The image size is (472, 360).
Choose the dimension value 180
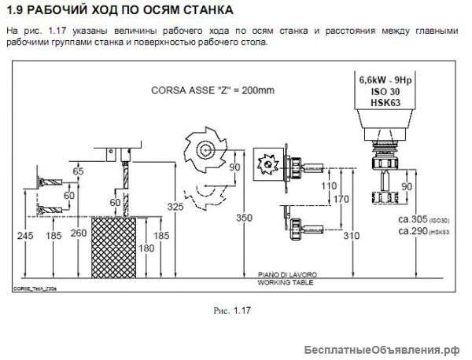[x=149, y=248]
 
